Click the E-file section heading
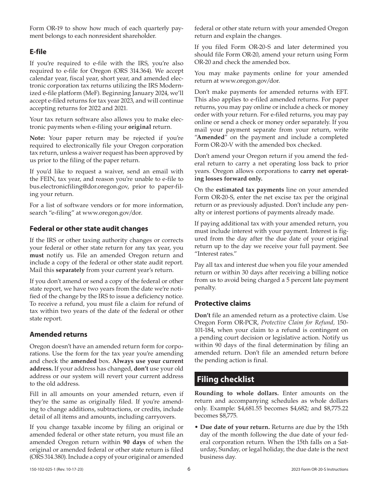pyautogui.click(x=38, y=52)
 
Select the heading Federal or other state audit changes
pyautogui.click(x=89, y=229)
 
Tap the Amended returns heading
pyautogui.click(x=58, y=334)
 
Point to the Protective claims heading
pyautogui.click(x=222, y=303)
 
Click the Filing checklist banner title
pyautogui.click(x=225, y=379)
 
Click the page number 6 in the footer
pyautogui.click(x=189, y=469)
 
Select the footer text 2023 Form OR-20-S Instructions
pyautogui.click(x=320, y=470)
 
